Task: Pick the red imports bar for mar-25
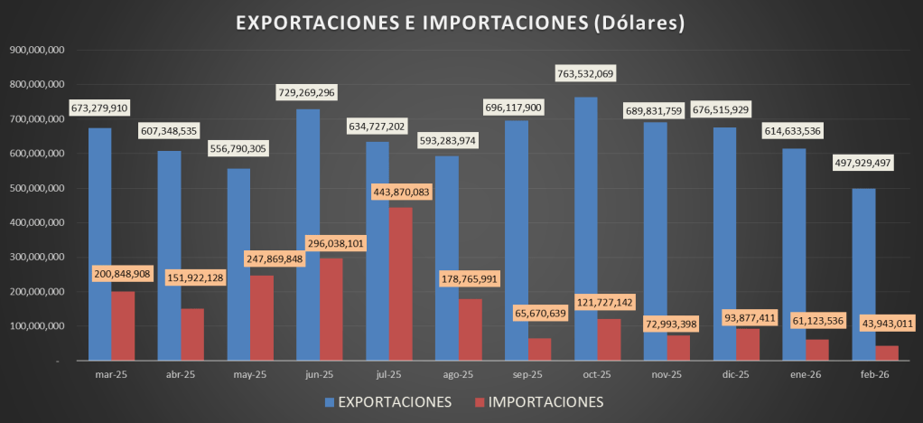click(x=123, y=325)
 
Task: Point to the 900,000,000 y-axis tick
click(x=35, y=50)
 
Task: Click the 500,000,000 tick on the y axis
click(x=35, y=188)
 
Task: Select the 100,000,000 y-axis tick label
click(x=35, y=326)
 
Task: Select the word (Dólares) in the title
click(x=637, y=23)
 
